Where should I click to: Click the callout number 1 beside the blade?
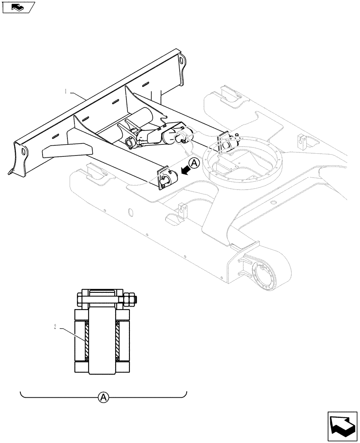66,92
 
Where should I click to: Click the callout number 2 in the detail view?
55,327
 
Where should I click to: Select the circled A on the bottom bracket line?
103,397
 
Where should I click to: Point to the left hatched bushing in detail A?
86,341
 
